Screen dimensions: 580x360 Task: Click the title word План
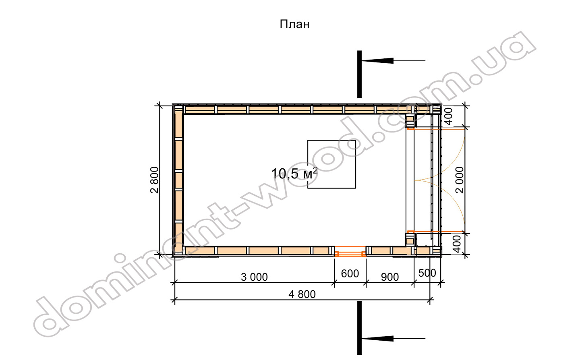(294, 24)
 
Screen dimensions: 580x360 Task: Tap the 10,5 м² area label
(294, 174)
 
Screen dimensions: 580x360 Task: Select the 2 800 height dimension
(155, 180)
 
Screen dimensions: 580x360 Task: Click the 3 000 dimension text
(254, 277)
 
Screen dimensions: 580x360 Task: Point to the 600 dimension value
(350, 273)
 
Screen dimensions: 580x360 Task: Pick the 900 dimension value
(390, 277)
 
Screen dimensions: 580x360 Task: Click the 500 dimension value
(427, 273)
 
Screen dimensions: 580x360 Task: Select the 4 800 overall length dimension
(302, 294)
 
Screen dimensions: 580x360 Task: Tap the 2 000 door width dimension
(460, 180)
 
